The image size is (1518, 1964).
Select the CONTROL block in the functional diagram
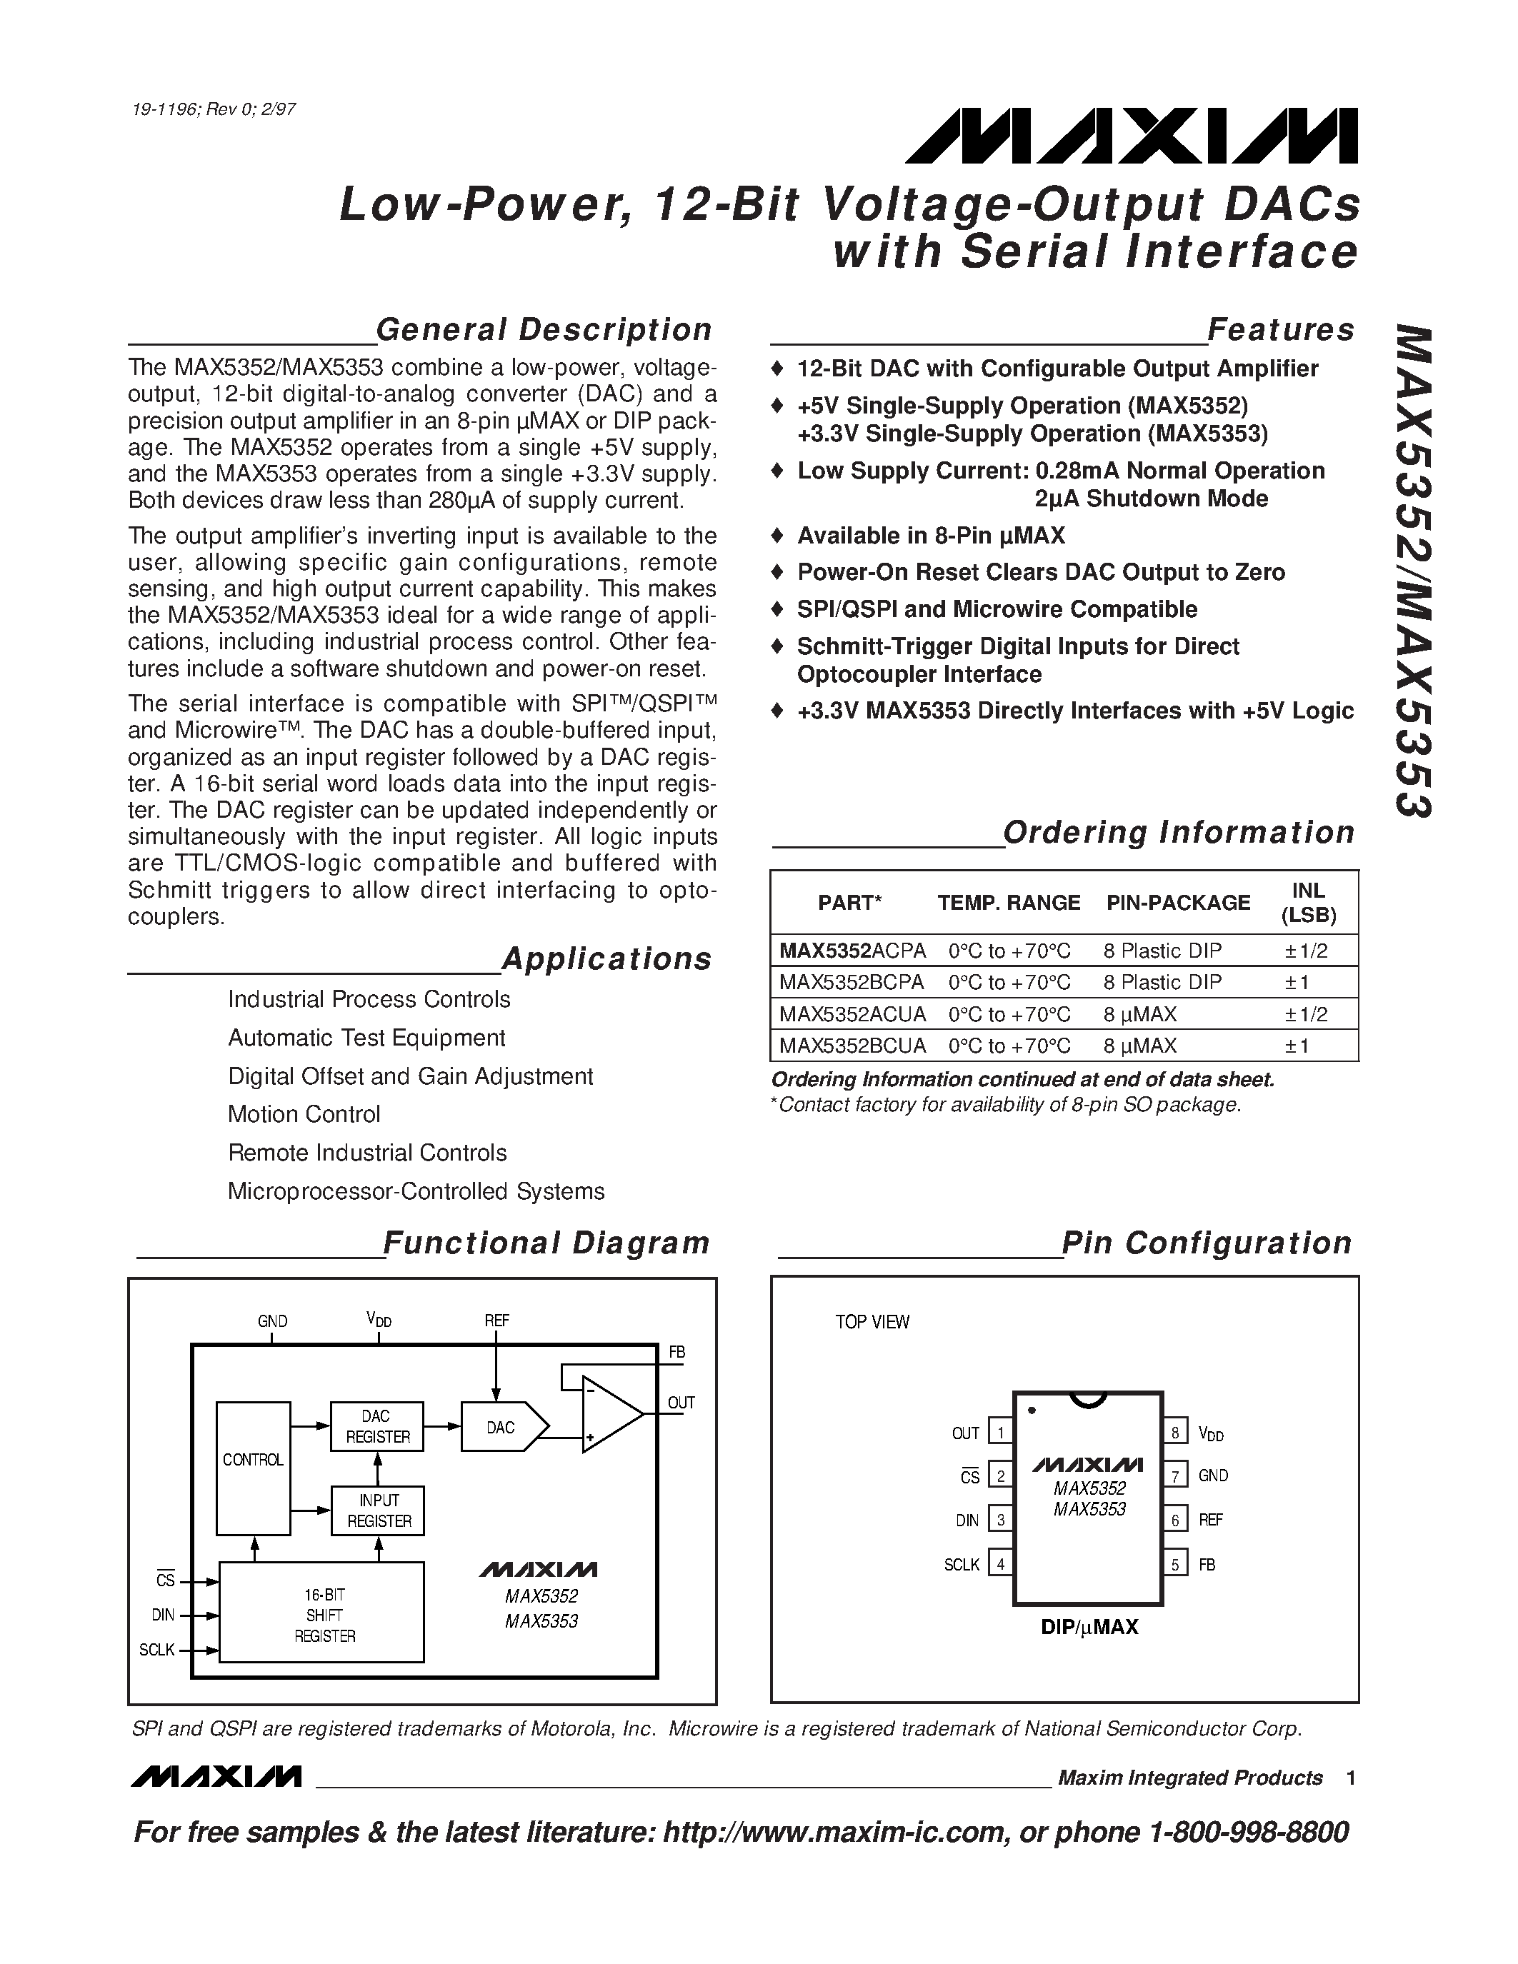[x=253, y=1460]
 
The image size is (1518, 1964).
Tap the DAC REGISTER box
[x=378, y=1426]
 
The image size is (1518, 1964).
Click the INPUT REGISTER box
[x=379, y=1510]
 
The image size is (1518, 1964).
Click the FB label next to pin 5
[x=1207, y=1565]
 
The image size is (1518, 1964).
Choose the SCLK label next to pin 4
[x=962, y=1565]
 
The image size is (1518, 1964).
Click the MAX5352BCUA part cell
[x=852, y=1046]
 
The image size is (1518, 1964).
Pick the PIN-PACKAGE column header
[x=1178, y=903]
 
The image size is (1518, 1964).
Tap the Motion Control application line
[x=304, y=1114]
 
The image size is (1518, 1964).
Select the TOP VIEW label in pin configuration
[x=872, y=1322]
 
